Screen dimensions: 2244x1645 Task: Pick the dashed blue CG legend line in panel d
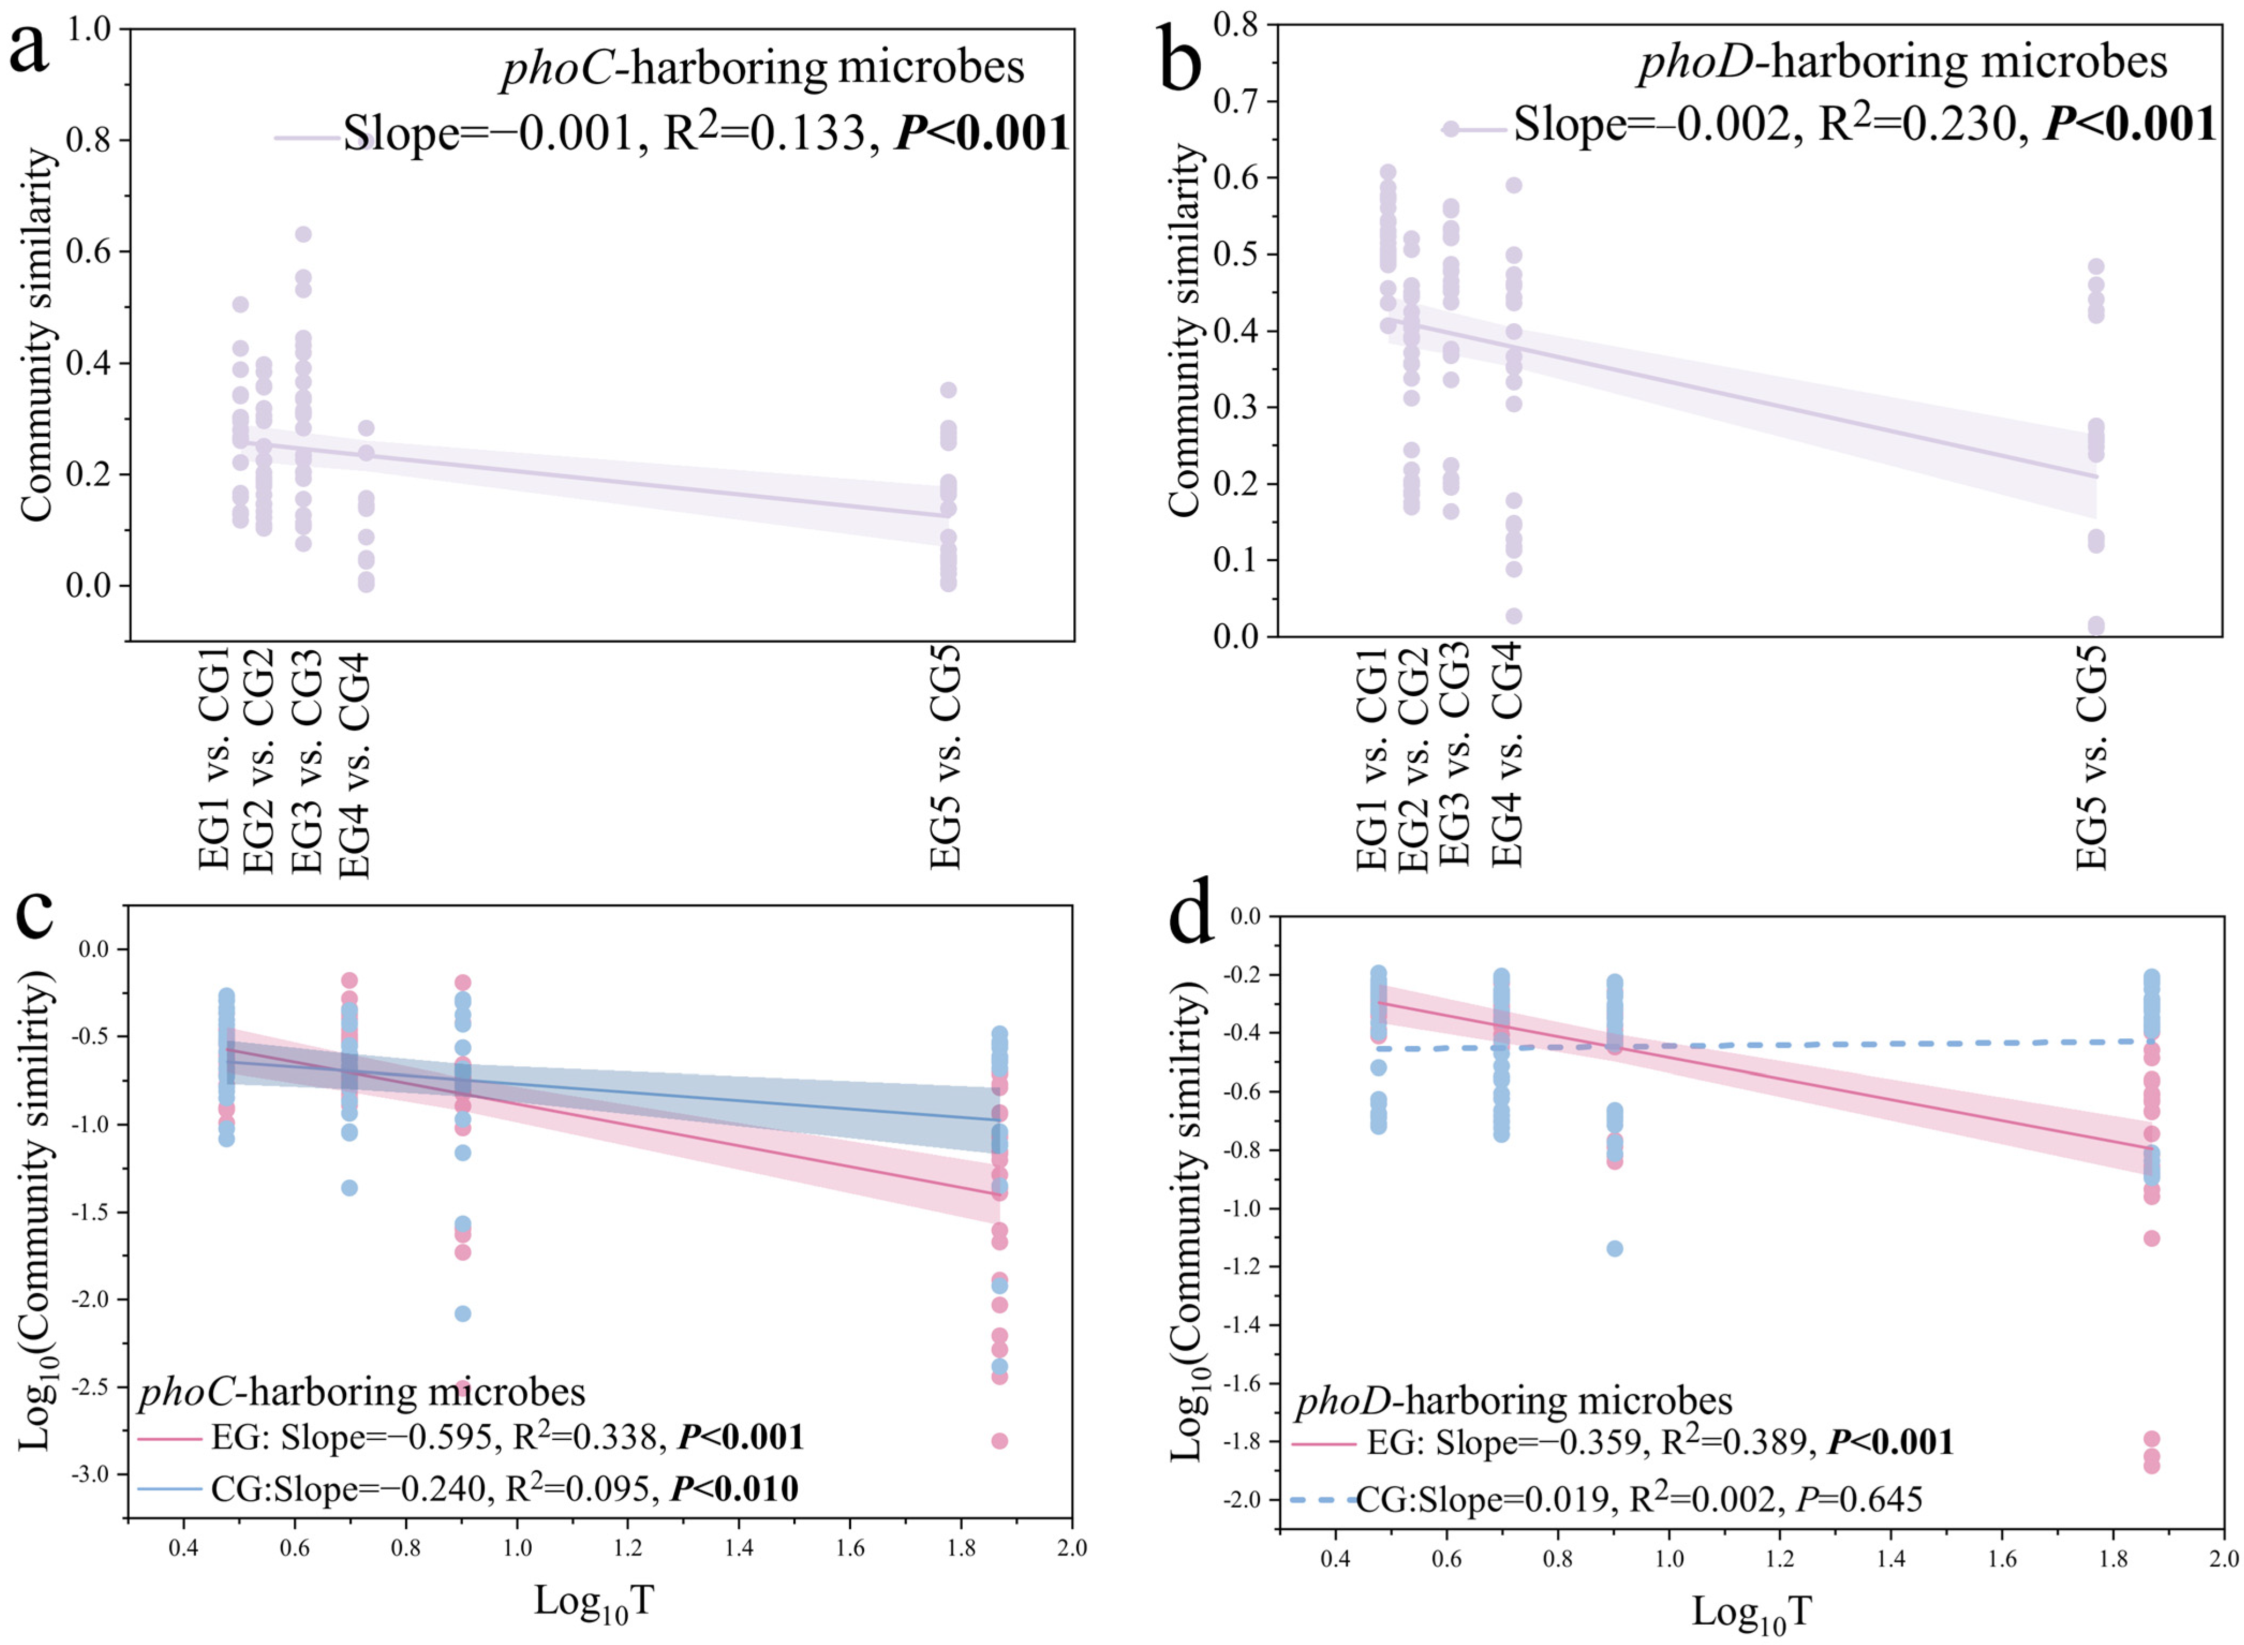click(1322, 1499)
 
